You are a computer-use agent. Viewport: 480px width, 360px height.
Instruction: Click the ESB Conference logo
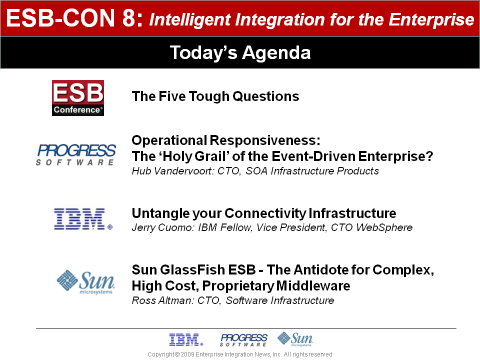coord(78,98)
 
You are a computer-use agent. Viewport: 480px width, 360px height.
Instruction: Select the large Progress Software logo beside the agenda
coord(76,154)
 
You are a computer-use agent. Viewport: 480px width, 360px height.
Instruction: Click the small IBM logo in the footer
coord(186,340)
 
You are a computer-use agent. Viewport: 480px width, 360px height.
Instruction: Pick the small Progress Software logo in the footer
coord(243,340)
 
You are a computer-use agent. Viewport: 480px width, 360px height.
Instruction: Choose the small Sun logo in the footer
coord(295,339)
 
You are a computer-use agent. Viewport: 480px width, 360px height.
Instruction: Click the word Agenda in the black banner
coord(276,52)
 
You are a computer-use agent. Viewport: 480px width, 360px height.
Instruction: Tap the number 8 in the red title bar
coord(129,18)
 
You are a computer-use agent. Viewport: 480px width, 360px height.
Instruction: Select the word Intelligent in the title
coord(190,19)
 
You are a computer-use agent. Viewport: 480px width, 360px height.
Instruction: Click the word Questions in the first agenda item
coord(265,96)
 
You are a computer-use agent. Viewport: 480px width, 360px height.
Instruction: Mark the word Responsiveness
coord(265,140)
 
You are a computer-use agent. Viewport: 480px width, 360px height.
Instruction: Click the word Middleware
coord(313,286)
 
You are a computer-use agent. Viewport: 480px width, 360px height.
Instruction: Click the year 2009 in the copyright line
coord(187,354)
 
